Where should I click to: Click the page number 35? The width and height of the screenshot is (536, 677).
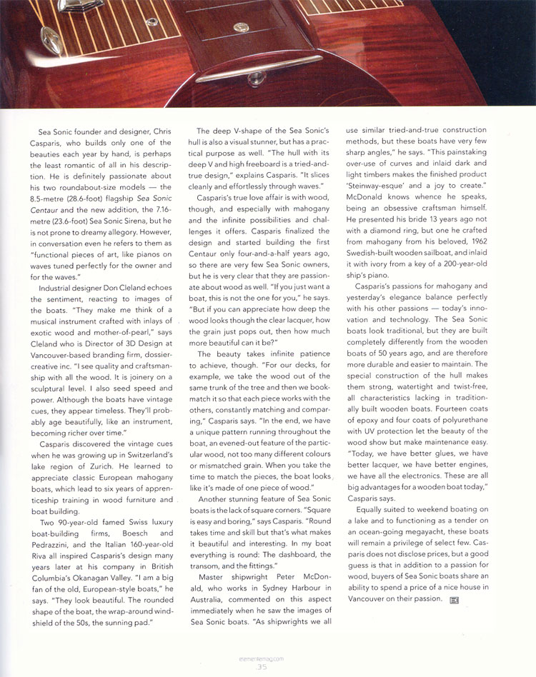coord(262,667)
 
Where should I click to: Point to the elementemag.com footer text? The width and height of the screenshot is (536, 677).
coord(262,658)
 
